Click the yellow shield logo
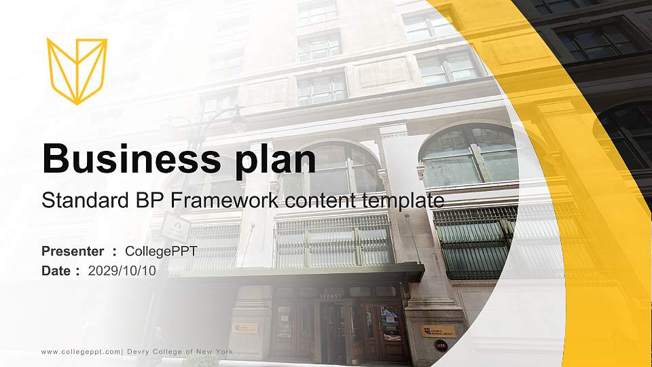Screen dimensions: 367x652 77,71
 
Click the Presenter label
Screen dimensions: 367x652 73,251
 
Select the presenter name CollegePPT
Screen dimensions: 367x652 161,251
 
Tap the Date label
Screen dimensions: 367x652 56,270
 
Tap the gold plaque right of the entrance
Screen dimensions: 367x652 438,332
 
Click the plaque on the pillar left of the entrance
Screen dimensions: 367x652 246,328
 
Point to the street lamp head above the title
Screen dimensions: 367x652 238,124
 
